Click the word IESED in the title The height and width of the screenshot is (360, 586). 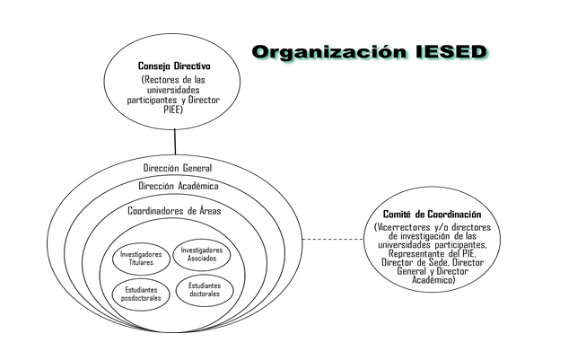451,52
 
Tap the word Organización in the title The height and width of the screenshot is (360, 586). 329,52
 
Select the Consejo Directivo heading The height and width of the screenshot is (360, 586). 174,66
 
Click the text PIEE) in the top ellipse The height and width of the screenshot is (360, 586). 173,110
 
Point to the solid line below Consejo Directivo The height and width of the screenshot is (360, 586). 175,142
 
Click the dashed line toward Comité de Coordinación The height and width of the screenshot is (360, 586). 333,239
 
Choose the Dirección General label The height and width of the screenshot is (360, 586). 178,168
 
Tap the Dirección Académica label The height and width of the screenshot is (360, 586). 179,186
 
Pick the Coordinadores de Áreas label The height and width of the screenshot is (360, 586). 174,211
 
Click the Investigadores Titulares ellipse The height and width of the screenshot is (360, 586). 141,259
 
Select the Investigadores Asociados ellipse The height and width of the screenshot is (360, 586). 201,254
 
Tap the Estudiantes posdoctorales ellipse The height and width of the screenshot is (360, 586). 141,294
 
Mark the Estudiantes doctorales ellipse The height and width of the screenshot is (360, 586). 205,290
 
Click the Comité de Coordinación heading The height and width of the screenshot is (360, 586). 432,215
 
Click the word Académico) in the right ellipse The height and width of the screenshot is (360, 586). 433,280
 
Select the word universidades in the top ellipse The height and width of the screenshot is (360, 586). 173,90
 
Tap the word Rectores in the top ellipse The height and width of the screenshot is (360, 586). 162,80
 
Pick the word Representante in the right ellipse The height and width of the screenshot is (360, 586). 415,254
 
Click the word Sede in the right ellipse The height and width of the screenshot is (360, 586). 438,262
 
